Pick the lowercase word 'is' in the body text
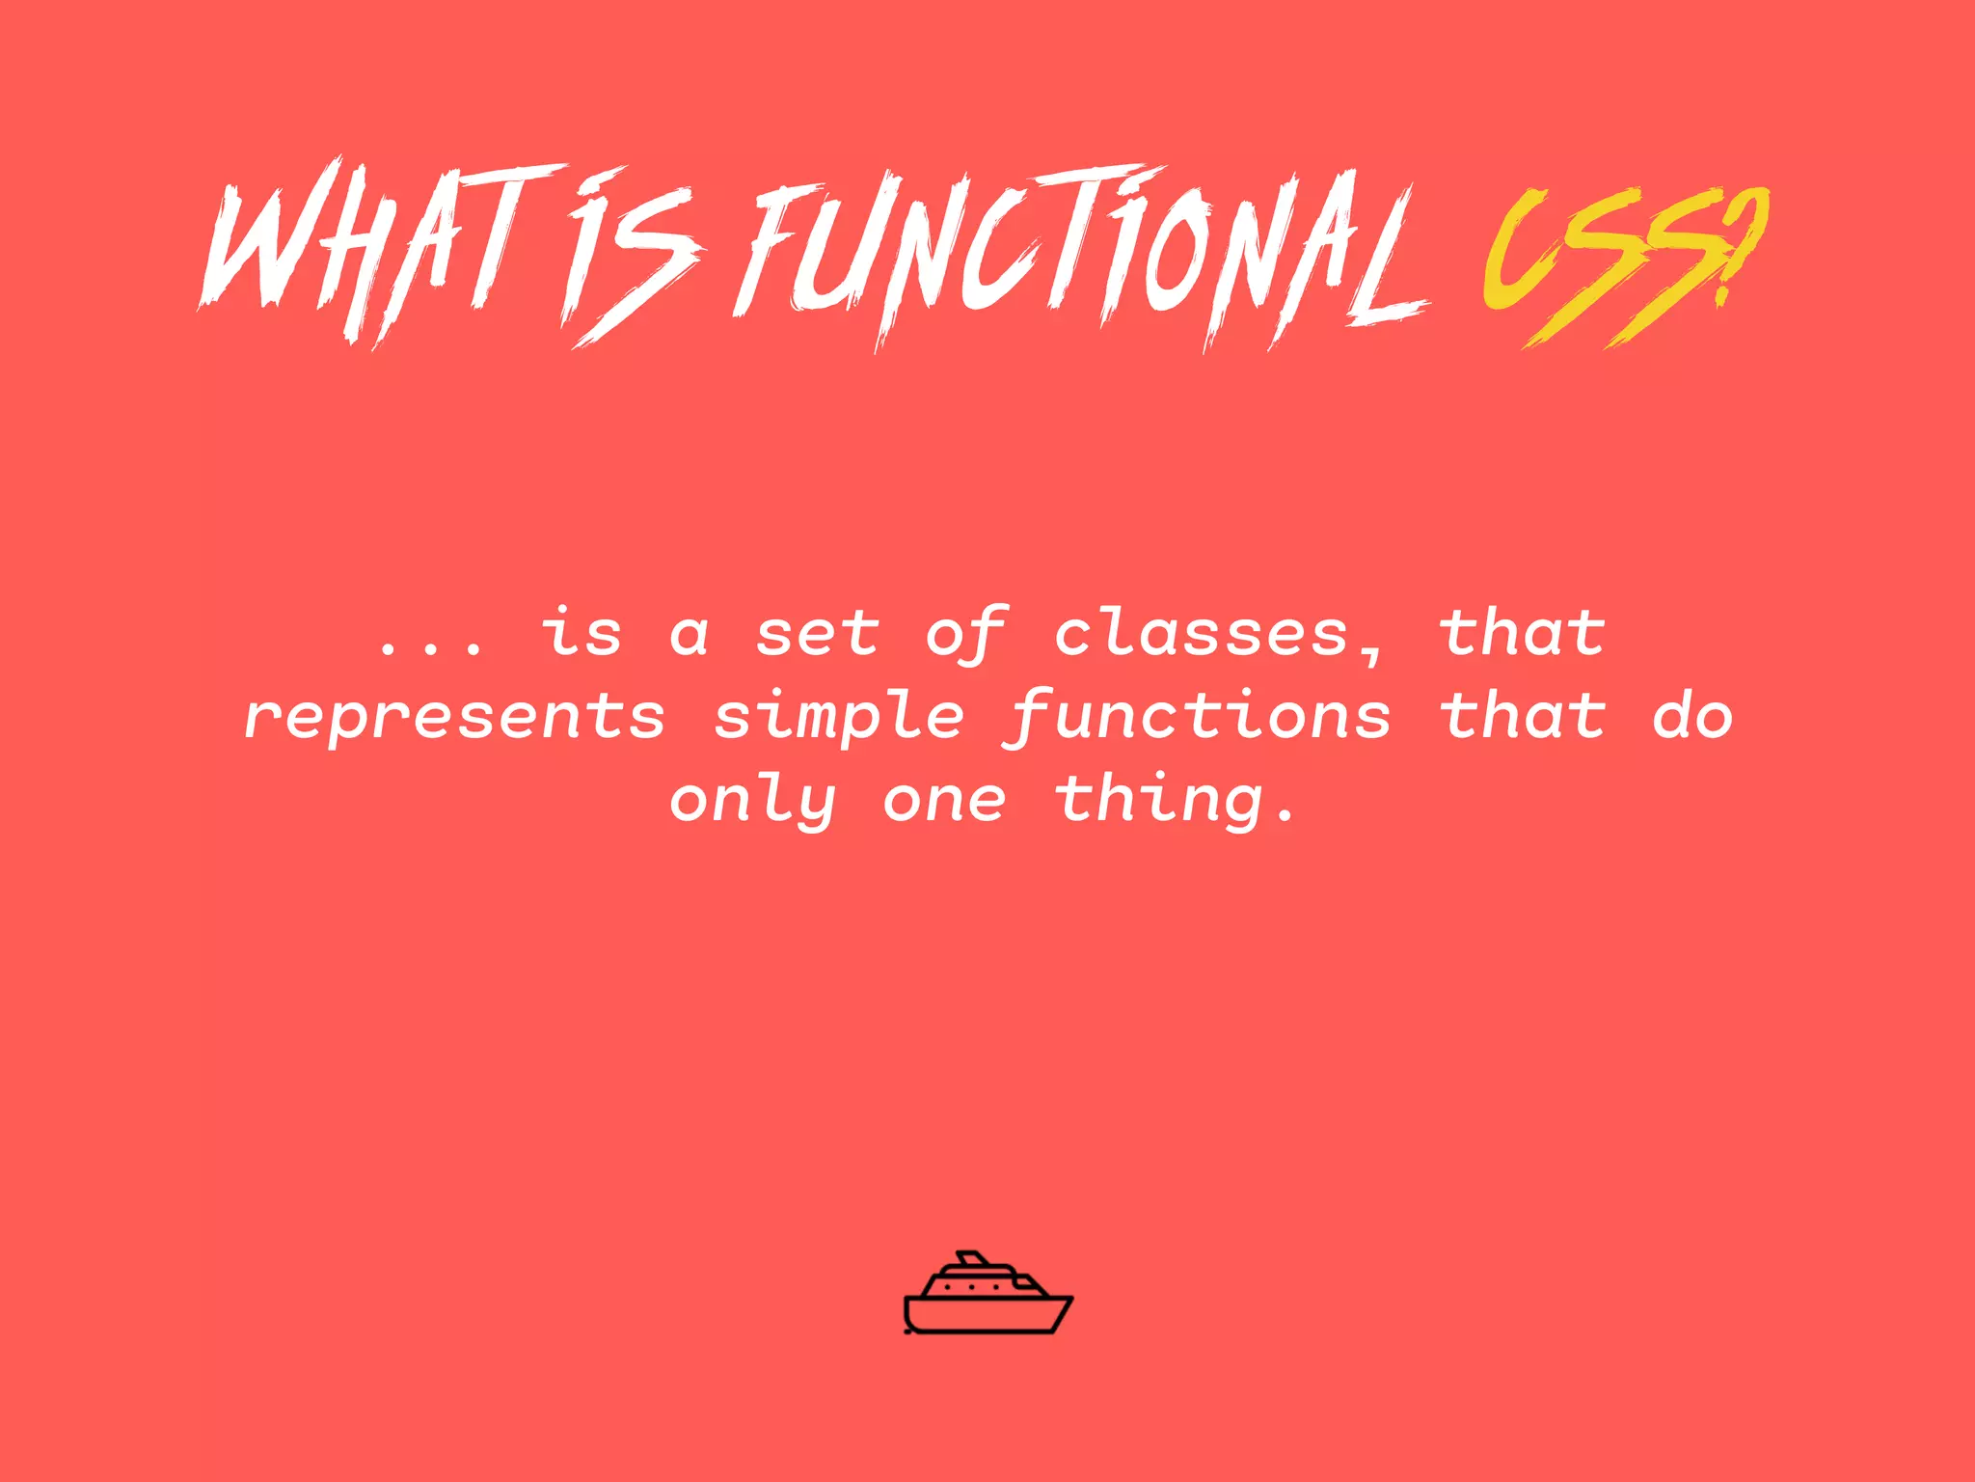(x=581, y=634)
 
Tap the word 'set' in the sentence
(x=817, y=635)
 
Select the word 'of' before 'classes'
(x=966, y=635)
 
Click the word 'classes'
(x=1201, y=635)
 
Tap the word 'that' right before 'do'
(x=1522, y=716)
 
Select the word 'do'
(x=1692, y=716)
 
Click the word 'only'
(x=752, y=802)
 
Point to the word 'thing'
(x=1158, y=802)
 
